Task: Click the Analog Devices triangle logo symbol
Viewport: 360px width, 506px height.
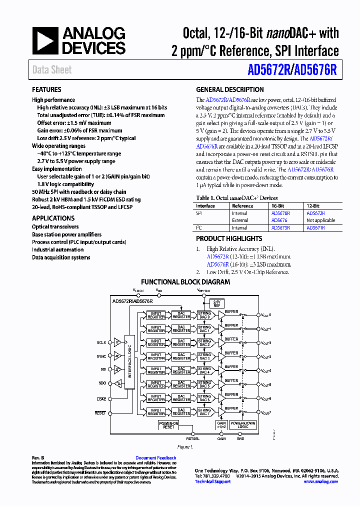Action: (45, 41)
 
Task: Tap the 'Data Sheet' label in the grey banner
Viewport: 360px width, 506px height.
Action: (52, 70)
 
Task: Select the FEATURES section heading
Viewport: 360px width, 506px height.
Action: (46, 90)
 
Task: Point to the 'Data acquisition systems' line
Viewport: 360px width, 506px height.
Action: (61, 257)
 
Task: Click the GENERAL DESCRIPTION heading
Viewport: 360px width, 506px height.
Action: (229, 90)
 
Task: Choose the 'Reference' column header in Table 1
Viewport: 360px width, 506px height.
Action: (242, 206)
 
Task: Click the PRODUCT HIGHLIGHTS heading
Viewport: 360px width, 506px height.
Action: (229, 239)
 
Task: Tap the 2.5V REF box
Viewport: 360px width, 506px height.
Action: (216, 303)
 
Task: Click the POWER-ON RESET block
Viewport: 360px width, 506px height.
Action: (168, 425)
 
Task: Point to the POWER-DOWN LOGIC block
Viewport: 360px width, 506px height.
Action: (243, 425)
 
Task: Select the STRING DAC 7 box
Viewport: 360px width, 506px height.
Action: (204, 412)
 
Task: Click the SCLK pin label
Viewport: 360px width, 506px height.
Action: (101, 342)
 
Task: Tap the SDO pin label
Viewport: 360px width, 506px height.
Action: (102, 383)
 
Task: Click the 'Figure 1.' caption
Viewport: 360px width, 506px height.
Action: (185, 446)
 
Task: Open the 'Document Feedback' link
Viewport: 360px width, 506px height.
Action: (156, 458)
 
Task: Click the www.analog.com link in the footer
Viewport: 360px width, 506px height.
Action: (320, 481)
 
